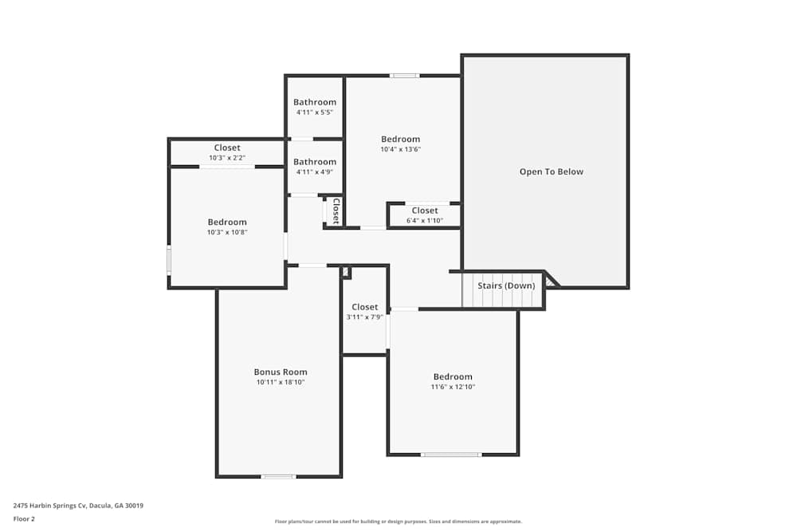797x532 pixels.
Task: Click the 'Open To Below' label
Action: pyautogui.click(x=551, y=171)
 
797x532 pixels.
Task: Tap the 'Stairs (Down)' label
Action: pyautogui.click(x=506, y=286)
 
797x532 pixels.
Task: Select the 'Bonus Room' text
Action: pyautogui.click(x=281, y=372)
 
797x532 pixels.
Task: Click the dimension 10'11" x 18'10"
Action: pyautogui.click(x=281, y=383)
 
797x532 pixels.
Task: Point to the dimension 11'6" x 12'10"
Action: pyautogui.click(x=453, y=388)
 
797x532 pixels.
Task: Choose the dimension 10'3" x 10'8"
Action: pyautogui.click(x=227, y=233)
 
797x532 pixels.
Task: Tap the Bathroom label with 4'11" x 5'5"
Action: pyautogui.click(x=315, y=102)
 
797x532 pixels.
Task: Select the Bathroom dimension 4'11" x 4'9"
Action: pyautogui.click(x=315, y=172)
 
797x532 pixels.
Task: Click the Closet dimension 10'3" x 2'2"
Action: pyautogui.click(x=227, y=158)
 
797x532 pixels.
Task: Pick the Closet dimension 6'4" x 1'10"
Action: pyautogui.click(x=425, y=221)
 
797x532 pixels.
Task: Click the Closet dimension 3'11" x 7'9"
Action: pyautogui.click(x=365, y=317)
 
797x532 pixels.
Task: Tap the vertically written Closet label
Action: pyautogui.click(x=336, y=211)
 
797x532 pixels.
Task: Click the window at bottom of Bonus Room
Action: pyautogui.click(x=278, y=476)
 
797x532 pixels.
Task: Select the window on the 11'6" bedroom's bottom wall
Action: pyautogui.click(x=451, y=455)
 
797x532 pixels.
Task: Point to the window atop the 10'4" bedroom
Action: pyautogui.click(x=405, y=76)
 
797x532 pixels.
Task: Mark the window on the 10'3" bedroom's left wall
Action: pyautogui.click(x=169, y=260)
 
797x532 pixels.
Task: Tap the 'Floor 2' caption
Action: pyautogui.click(x=24, y=518)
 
